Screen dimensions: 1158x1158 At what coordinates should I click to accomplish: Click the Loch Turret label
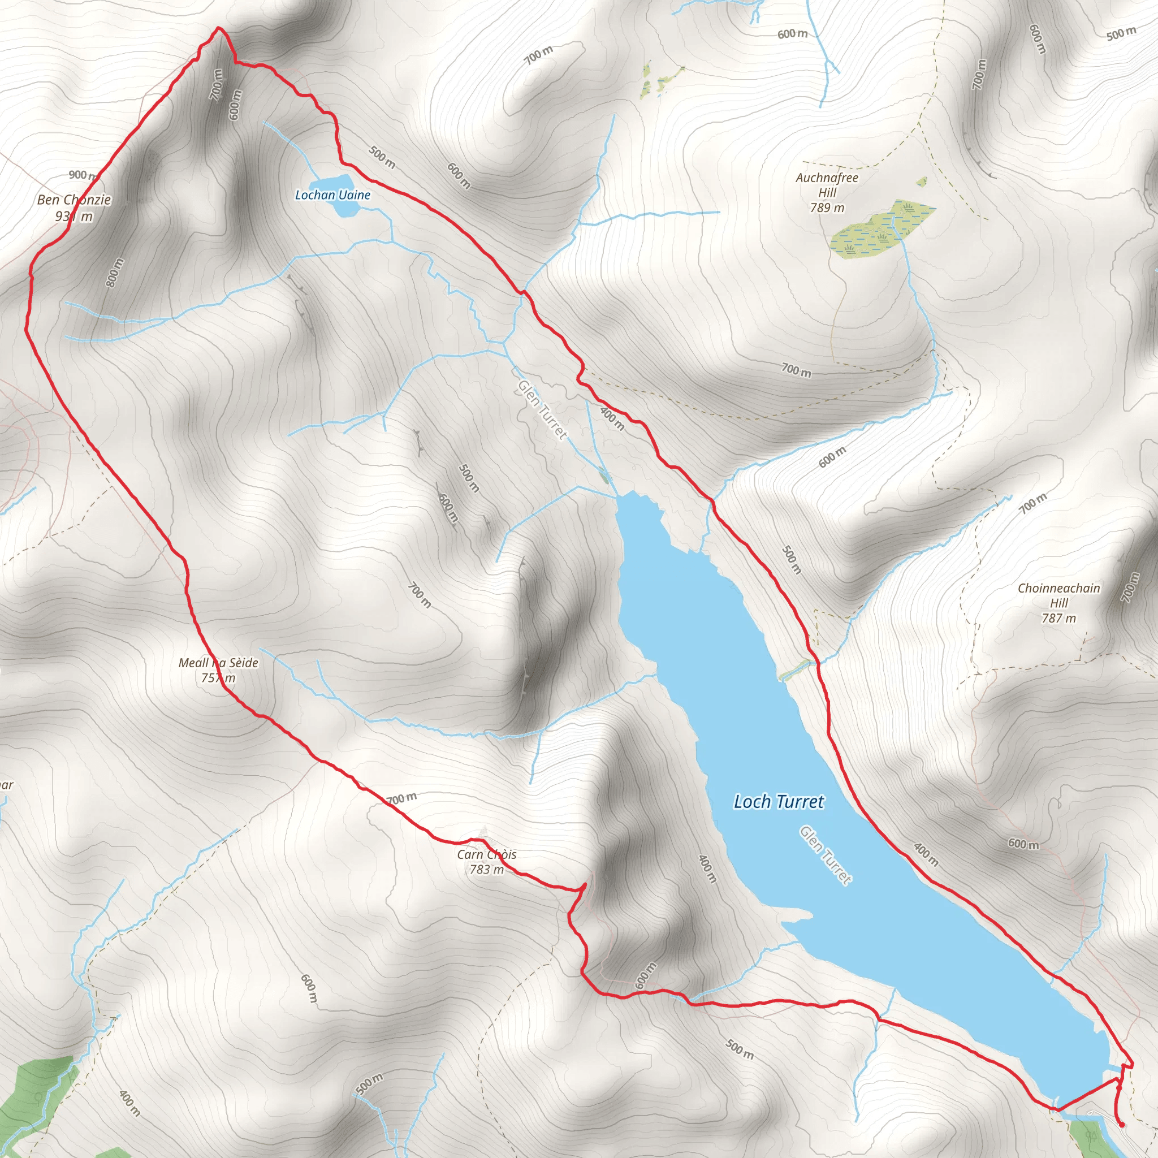779,802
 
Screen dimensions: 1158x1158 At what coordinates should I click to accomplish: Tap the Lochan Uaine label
332,195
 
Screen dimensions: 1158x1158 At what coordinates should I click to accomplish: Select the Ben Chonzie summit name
74,200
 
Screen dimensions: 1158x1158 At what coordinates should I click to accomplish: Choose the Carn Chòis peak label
486,854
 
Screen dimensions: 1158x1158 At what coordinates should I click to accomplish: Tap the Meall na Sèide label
218,663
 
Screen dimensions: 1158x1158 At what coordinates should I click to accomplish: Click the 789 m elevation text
827,208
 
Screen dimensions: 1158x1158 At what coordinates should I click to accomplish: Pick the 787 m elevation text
1058,618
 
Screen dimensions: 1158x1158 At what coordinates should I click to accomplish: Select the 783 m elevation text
486,869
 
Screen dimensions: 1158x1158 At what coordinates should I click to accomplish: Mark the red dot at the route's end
1121,1125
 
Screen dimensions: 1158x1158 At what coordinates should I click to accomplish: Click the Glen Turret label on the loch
826,855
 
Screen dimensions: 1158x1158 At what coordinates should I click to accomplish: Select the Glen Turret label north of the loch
542,409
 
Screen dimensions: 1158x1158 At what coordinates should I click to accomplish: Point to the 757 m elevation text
218,678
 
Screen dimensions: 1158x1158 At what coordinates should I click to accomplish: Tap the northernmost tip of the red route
218,28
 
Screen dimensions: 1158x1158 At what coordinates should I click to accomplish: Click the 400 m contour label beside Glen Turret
612,418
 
